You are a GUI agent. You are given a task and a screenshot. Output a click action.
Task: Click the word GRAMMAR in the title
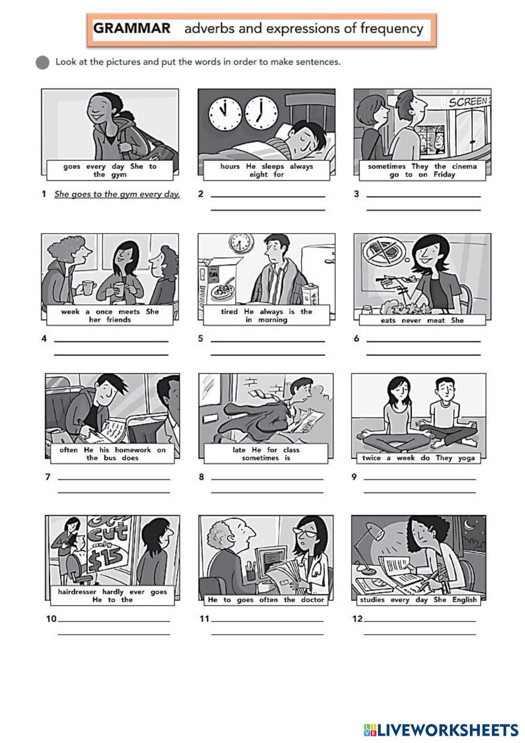click(132, 28)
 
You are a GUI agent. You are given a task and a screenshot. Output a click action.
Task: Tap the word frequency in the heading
click(392, 29)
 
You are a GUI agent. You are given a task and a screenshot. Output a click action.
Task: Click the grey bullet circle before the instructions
click(43, 63)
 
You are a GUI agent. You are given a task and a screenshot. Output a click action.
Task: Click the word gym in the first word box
click(118, 175)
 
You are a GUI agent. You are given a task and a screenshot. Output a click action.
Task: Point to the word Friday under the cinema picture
click(444, 174)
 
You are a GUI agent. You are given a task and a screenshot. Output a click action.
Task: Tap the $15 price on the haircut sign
click(106, 558)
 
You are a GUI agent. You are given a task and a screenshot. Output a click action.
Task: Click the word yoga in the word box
click(466, 458)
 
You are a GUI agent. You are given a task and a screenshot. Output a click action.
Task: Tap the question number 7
click(48, 477)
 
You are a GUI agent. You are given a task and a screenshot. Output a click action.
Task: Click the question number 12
click(358, 618)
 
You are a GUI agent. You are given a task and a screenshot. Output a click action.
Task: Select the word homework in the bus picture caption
click(133, 450)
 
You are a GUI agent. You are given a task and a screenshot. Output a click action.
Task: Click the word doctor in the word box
click(312, 600)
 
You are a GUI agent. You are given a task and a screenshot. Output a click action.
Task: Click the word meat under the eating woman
click(436, 321)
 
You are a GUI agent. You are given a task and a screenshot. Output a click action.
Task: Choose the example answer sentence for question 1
click(117, 194)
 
